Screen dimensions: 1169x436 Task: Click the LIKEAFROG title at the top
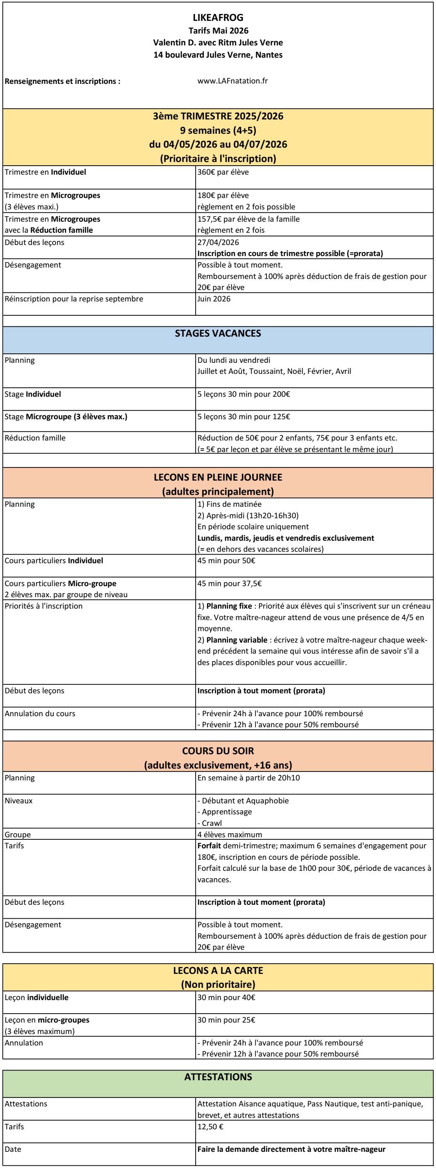coord(218,18)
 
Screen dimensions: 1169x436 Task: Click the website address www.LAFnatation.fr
coord(232,81)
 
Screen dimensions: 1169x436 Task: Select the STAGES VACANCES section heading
coord(218,333)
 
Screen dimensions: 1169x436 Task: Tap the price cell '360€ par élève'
coord(223,172)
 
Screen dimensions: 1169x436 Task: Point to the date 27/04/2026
coord(218,242)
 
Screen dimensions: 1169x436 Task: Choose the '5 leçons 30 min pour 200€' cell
coord(244,394)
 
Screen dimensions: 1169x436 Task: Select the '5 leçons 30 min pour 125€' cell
coord(244,416)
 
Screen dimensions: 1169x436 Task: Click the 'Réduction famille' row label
coord(35,438)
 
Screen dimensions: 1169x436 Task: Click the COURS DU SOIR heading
coord(218,751)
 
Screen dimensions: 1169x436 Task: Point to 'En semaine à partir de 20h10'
coord(248,778)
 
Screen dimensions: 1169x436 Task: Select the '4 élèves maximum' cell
coord(229,834)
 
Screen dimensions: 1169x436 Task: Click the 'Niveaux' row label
coord(18,800)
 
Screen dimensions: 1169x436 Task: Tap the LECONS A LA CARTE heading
coord(218,971)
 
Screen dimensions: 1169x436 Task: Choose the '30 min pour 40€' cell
coord(226,998)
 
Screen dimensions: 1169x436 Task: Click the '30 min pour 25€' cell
coord(226,1020)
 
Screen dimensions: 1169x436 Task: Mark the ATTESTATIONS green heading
coord(218,1077)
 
